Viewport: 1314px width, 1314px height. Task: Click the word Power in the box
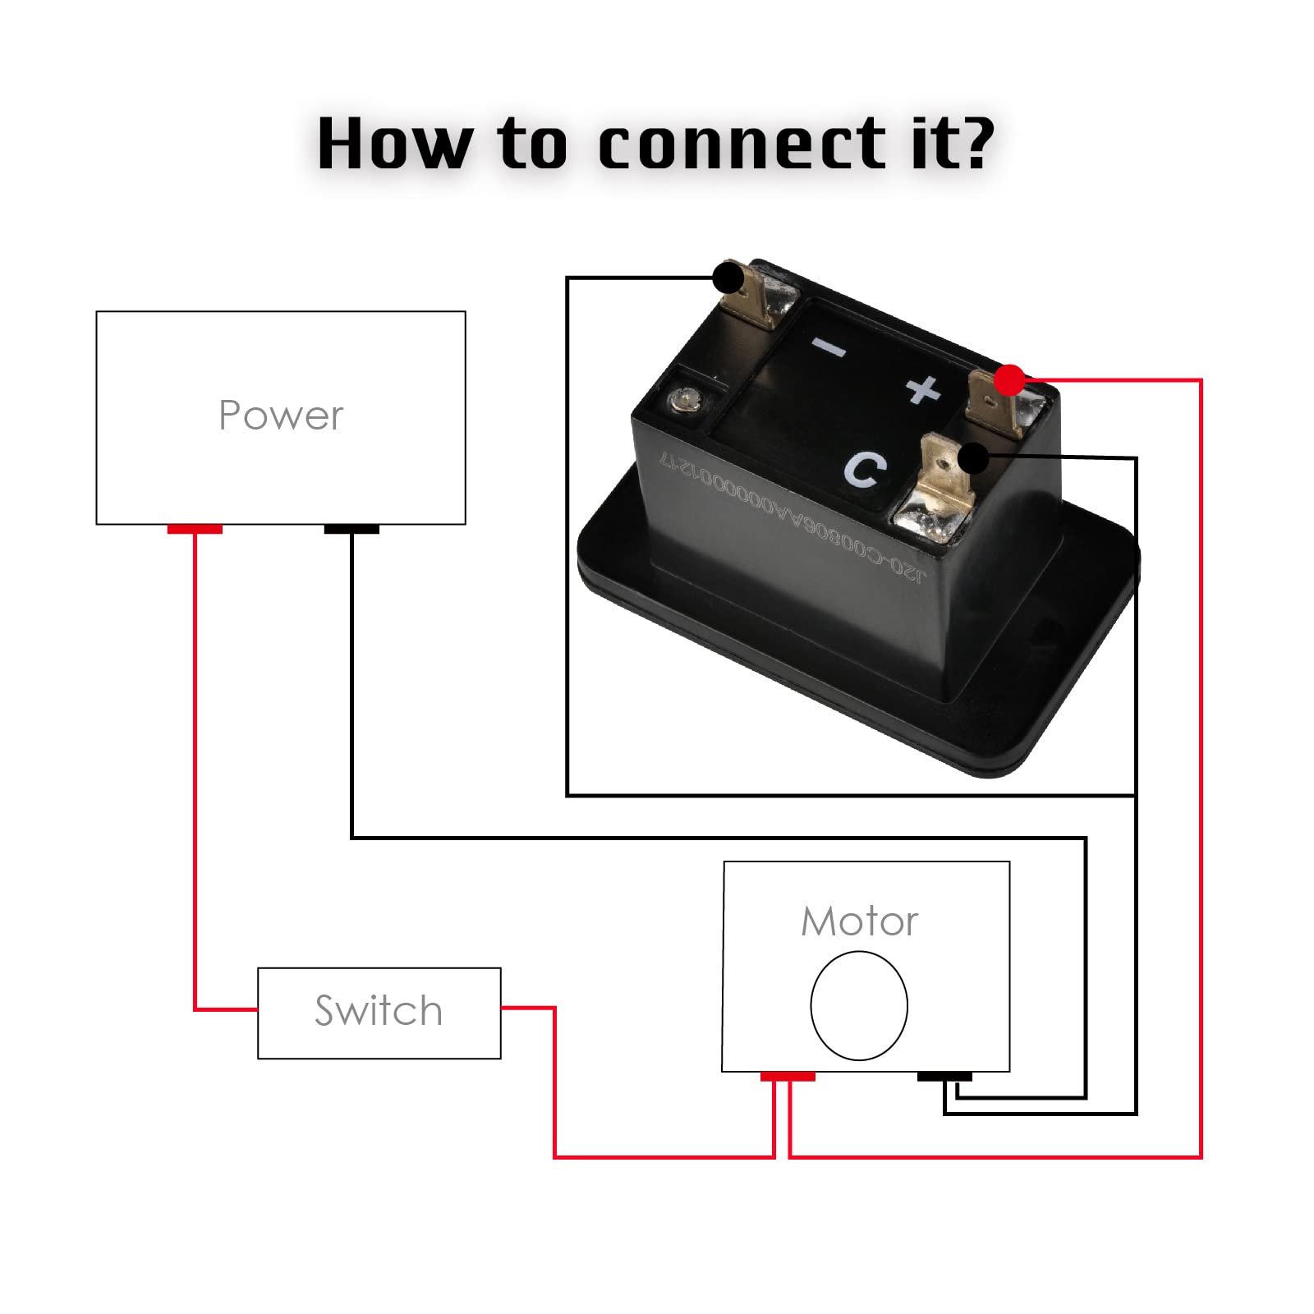(281, 416)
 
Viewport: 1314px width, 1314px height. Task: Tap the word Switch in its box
(379, 1011)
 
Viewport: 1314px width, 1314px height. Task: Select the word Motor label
(859, 921)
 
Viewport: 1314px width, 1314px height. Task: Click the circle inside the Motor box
(858, 1006)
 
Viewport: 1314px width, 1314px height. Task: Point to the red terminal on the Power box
(195, 530)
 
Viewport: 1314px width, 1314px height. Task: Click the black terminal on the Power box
(351, 530)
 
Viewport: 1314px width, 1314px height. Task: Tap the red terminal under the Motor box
(787, 1077)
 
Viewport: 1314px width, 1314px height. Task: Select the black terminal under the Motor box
(944, 1077)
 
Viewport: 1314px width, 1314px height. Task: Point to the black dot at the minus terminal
(728, 278)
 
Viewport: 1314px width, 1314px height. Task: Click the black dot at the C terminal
(973, 457)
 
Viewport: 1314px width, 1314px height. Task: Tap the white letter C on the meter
(865, 470)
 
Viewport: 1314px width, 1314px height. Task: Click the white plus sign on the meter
(924, 389)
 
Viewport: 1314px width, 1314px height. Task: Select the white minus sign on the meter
(829, 348)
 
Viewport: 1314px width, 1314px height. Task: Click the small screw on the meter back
(681, 401)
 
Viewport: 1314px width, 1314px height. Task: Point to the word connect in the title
(743, 145)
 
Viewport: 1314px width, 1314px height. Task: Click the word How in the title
(394, 145)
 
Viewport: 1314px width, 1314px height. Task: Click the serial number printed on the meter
(793, 517)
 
